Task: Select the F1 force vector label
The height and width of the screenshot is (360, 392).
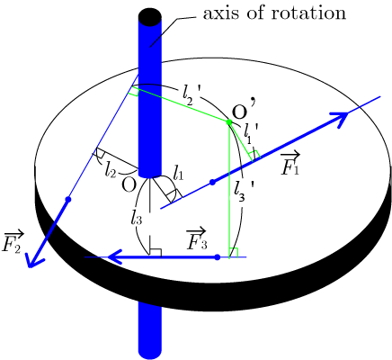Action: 290,164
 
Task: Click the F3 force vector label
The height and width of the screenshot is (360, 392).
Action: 197,239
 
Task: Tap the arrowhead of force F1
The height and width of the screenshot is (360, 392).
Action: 339,118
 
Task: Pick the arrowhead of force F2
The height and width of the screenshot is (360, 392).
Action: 34,258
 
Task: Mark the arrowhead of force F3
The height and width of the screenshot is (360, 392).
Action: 114,257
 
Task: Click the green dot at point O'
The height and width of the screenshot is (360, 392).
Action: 229,121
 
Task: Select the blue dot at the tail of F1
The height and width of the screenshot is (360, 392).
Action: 212,182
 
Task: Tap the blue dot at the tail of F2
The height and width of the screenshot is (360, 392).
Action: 68,199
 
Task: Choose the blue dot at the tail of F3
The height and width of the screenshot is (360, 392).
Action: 218,257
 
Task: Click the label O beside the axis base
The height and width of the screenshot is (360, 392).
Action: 129,185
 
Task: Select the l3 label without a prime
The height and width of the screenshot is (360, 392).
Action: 136,218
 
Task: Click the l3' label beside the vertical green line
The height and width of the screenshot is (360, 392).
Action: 245,192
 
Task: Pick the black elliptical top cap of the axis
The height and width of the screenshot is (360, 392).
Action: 150,17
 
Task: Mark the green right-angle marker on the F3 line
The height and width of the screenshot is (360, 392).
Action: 234,253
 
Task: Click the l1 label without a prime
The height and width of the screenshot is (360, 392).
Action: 178,173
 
